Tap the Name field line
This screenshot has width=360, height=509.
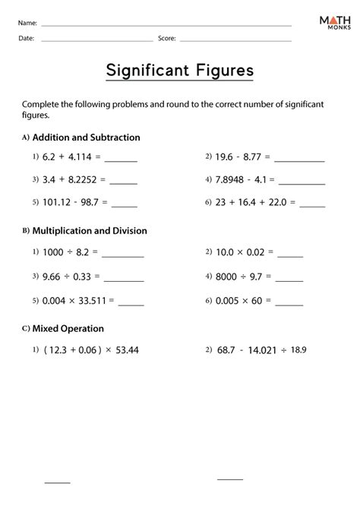click(166, 25)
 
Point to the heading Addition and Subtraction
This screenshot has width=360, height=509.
click(85, 138)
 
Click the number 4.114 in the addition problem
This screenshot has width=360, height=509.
click(83, 159)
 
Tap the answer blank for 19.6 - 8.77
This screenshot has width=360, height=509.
click(299, 161)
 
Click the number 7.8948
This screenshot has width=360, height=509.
click(233, 180)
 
